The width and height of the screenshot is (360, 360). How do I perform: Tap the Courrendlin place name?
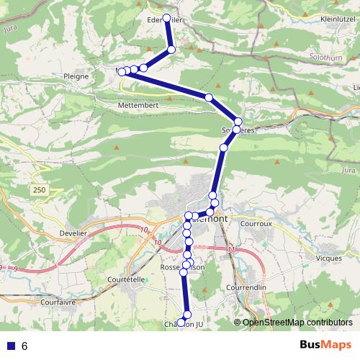pos(252,287)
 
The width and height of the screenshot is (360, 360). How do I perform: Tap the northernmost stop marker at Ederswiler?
pos(167,18)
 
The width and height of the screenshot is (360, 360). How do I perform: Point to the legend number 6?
pos(24,346)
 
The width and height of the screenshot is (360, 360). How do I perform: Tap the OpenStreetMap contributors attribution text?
pos(297,322)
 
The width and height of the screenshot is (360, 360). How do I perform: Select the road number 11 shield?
pos(230,250)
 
